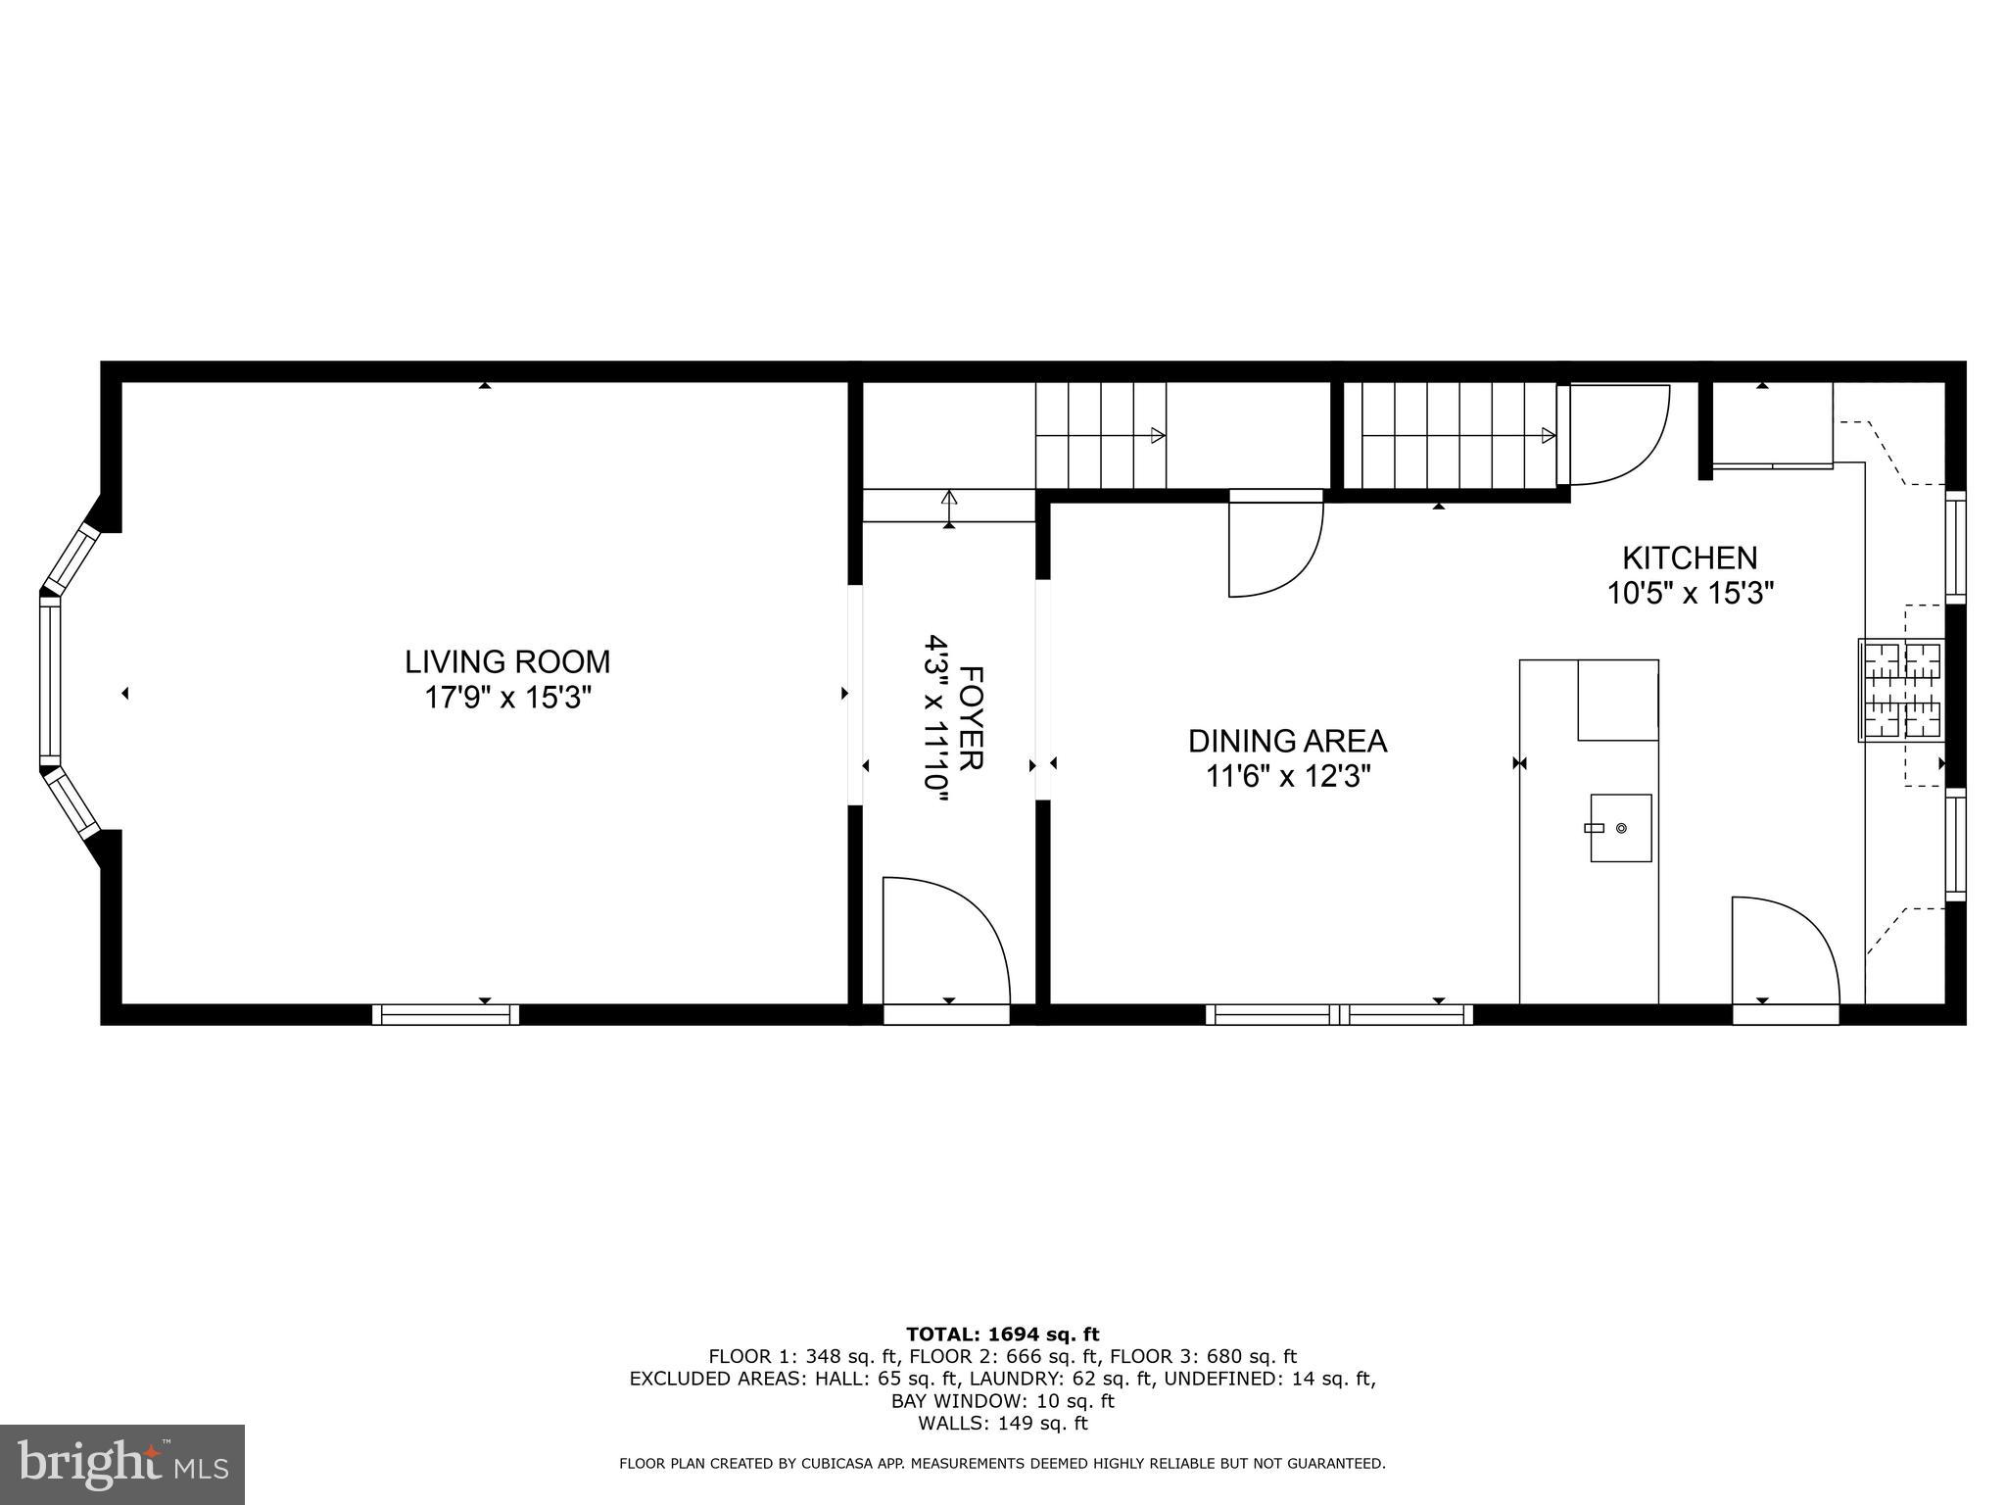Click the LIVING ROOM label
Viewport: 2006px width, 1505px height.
(x=507, y=662)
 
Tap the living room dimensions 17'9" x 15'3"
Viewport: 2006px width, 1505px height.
(x=507, y=698)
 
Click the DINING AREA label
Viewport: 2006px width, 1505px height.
(x=1287, y=741)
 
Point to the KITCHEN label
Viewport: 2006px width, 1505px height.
(x=1690, y=558)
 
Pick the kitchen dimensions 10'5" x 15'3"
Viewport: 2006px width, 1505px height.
(x=1690, y=593)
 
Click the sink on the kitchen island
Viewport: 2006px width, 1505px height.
(x=1620, y=828)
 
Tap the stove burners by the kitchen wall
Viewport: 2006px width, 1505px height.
(x=1901, y=690)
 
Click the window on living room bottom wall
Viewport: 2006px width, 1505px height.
(x=446, y=1014)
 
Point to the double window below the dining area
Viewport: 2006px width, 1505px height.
(x=1339, y=1014)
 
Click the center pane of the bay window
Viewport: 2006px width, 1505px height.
(x=50, y=682)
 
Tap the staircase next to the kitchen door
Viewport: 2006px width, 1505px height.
(x=1451, y=435)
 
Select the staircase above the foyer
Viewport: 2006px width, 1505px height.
(x=1102, y=435)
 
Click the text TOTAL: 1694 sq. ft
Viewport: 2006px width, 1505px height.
(x=1002, y=1335)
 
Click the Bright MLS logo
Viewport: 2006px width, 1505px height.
(x=122, y=1465)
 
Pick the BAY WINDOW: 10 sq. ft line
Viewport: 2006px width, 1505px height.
(x=1002, y=1401)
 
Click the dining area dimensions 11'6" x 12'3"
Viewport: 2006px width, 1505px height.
(x=1287, y=777)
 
